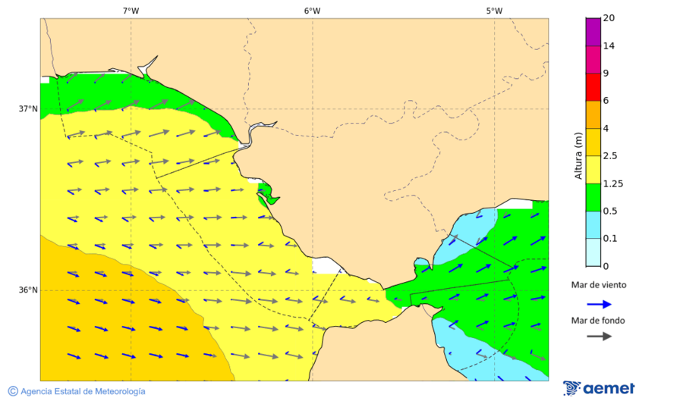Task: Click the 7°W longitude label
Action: coord(131,11)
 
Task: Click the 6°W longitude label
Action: coord(312,11)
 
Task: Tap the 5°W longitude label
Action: coord(494,11)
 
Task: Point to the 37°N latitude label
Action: coord(28,108)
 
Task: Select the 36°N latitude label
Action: coord(28,290)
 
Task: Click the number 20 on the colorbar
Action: coord(609,18)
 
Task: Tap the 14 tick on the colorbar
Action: coord(609,46)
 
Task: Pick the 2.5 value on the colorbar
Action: coord(610,156)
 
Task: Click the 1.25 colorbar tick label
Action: coord(612,183)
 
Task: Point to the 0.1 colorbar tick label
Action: coord(610,239)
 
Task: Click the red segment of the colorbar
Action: coord(593,87)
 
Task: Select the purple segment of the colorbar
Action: coord(593,32)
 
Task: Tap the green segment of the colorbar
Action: coord(593,197)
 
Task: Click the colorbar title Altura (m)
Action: coord(578,156)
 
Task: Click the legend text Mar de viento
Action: coord(599,286)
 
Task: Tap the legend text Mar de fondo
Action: coord(599,321)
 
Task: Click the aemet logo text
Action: coord(608,389)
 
